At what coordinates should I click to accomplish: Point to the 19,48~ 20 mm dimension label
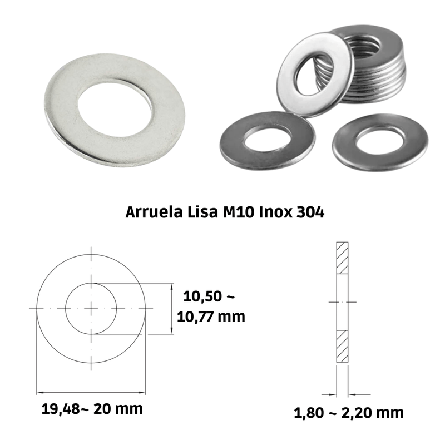(92, 409)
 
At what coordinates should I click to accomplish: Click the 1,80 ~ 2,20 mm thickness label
(349, 413)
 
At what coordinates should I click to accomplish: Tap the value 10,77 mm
(211, 317)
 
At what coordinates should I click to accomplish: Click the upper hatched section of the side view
(342, 258)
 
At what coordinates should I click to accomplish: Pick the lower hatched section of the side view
(342, 346)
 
